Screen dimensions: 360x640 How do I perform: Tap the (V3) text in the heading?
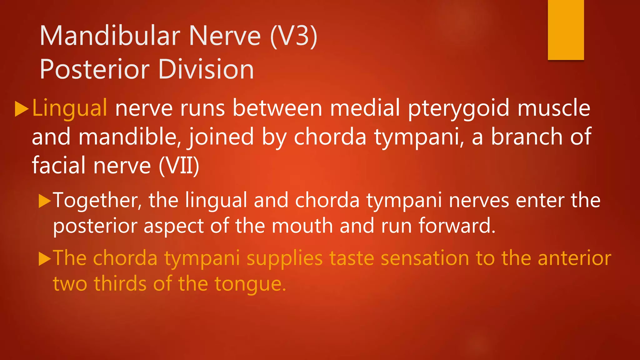(x=293, y=36)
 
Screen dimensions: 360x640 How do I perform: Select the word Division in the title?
(x=206, y=69)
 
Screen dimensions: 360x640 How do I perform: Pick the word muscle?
(x=554, y=108)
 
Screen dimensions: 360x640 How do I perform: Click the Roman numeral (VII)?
(x=179, y=166)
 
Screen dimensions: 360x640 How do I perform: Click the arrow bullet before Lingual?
(x=22, y=109)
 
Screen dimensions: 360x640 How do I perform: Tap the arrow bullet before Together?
(x=44, y=201)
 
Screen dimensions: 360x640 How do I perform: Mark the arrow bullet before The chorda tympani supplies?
(x=44, y=259)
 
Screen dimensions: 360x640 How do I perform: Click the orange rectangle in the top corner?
(x=566, y=30)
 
